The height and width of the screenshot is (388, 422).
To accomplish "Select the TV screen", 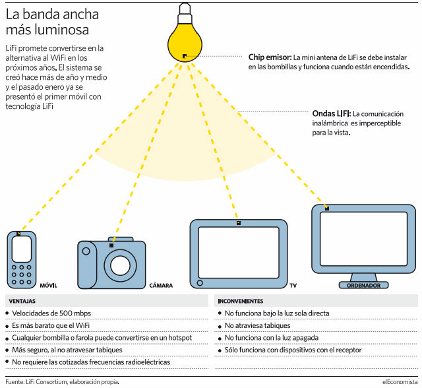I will (x=237, y=253).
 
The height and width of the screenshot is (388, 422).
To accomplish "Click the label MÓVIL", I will (x=49, y=286).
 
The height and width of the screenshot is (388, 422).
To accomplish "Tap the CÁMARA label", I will (x=161, y=286).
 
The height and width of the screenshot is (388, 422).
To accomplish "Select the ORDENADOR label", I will (x=363, y=286).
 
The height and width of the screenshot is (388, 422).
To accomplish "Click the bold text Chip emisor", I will (x=270, y=57).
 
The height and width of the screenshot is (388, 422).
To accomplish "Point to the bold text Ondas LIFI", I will (x=330, y=114).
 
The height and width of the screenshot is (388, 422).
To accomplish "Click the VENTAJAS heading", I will (x=23, y=300).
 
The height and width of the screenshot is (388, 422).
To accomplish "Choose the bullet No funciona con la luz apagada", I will (x=272, y=337).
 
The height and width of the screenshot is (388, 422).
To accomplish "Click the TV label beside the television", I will (x=293, y=286).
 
